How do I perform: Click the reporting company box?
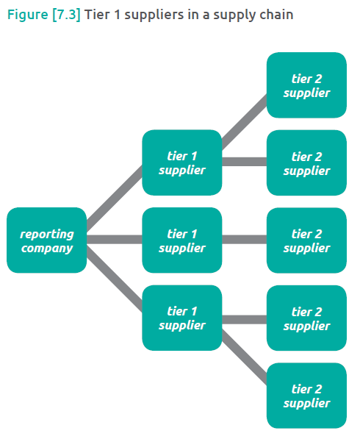coord(46,240)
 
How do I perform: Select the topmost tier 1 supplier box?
coord(182,163)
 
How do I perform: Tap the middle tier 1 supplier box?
coord(182,240)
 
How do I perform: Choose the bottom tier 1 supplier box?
coord(182,318)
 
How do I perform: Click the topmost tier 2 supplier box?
coord(306,85)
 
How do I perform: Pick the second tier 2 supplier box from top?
coord(306,163)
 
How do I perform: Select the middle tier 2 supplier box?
coord(306,240)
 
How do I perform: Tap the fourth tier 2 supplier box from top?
coord(306,318)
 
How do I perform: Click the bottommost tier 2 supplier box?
coord(306,396)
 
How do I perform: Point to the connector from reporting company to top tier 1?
coord(114,196)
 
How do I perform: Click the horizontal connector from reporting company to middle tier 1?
coord(114,240)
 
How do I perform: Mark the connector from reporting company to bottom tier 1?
coord(114,283)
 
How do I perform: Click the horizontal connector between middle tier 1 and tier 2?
coord(244,240)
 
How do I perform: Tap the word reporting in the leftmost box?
coord(46,234)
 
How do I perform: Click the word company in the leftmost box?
coord(46,248)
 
